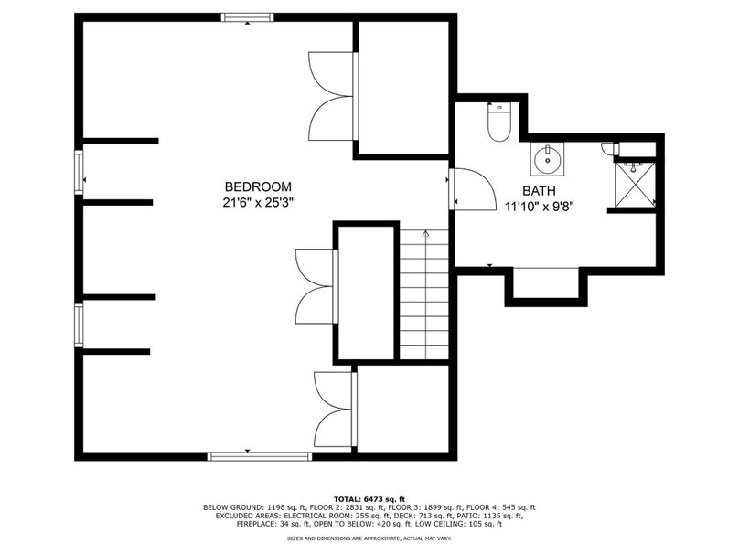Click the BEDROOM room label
click(x=258, y=187)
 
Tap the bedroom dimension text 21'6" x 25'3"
click(x=258, y=203)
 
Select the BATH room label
click(x=539, y=191)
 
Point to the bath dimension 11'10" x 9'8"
click(x=539, y=207)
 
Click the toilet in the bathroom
click(x=498, y=122)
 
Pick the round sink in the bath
click(x=547, y=159)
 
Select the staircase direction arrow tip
click(x=426, y=231)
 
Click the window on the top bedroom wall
click(x=248, y=17)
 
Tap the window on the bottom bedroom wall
click(x=260, y=456)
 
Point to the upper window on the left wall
click(x=79, y=172)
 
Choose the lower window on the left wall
click(x=79, y=325)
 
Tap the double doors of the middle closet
click(x=316, y=286)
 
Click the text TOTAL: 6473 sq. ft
click(x=369, y=499)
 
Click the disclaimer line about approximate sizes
click(x=369, y=538)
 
